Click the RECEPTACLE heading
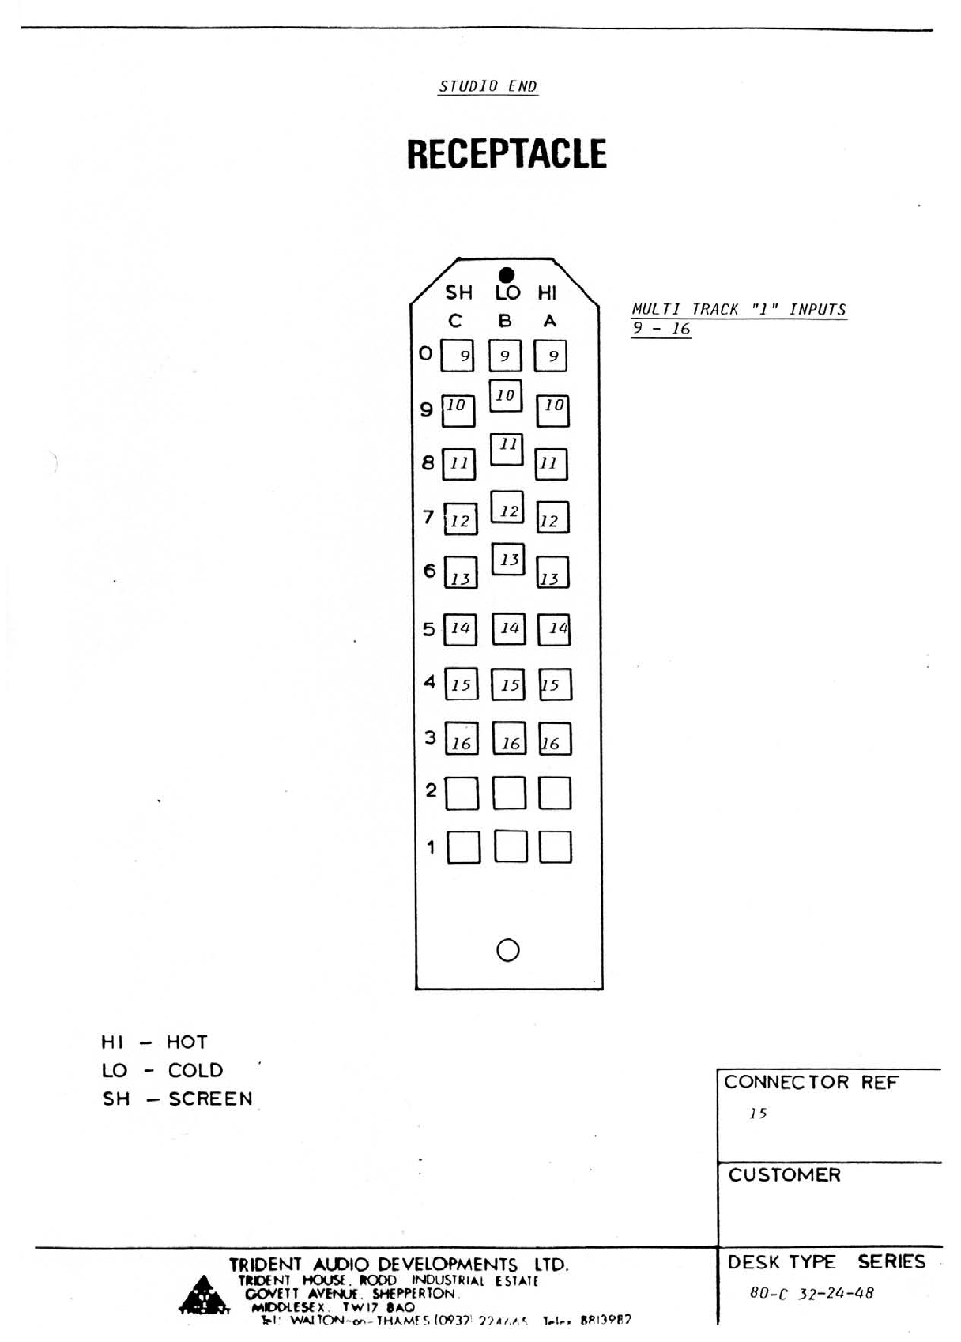point(507,154)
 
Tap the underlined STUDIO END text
point(488,86)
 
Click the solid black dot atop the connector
point(507,275)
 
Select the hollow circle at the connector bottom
point(508,949)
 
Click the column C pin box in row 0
point(458,356)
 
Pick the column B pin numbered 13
point(508,559)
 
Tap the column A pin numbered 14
point(554,629)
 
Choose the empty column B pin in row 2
point(509,793)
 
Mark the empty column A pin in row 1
point(556,846)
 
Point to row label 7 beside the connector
point(428,517)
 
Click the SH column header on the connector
point(458,293)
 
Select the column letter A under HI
point(550,321)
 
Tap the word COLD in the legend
point(195,1070)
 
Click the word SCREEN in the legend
point(210,1099)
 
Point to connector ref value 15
point(758,1114)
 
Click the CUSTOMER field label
point(784,1175)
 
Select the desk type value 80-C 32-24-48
point(812,1294)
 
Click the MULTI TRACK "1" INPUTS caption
point(739,310)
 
